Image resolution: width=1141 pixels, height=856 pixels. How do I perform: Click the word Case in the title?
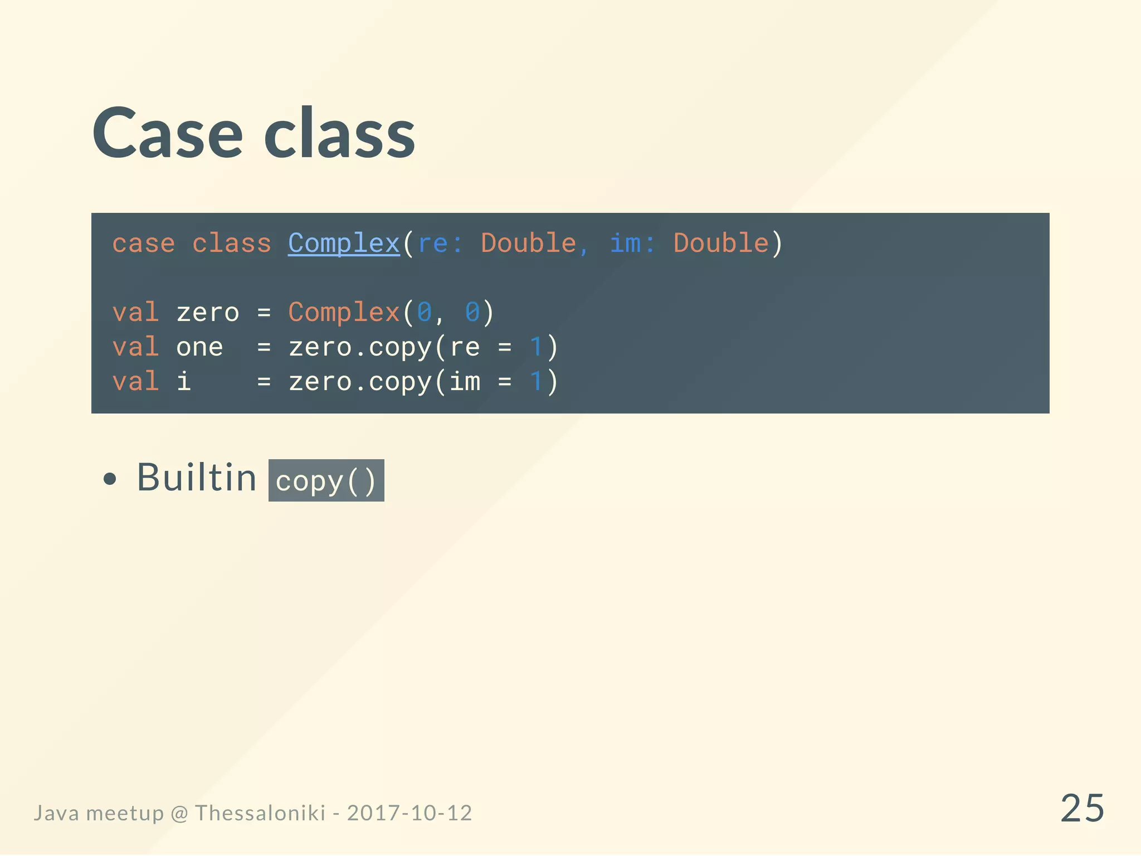pos(167,134)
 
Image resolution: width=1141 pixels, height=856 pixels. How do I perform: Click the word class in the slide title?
pos(339,134)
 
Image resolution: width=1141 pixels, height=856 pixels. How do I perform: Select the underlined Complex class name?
pos(344,244)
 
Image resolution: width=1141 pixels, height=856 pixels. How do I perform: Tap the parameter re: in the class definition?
pos(440,244)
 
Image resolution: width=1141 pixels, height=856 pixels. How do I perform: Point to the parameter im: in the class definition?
pos(632,244)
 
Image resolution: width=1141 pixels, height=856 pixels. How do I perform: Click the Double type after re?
pos(528,244)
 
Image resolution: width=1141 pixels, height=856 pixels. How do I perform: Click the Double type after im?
pos(721,244)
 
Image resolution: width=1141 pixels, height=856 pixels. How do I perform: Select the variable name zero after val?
pos(207,313)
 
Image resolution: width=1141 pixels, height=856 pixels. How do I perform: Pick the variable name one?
pos(199,347)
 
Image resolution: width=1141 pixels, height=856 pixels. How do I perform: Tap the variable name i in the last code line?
pos(183,382)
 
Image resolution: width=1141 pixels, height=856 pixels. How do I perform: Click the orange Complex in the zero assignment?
pos(344,313)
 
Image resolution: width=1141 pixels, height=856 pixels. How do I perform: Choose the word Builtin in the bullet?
pos(196,478)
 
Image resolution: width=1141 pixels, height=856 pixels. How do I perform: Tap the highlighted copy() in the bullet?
pos(326,480)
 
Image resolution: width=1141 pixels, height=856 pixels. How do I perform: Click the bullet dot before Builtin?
pos(110,479)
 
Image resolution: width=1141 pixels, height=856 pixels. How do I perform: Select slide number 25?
pos(1082,808)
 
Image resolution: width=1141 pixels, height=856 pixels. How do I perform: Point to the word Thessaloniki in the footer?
pos(260,813)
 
